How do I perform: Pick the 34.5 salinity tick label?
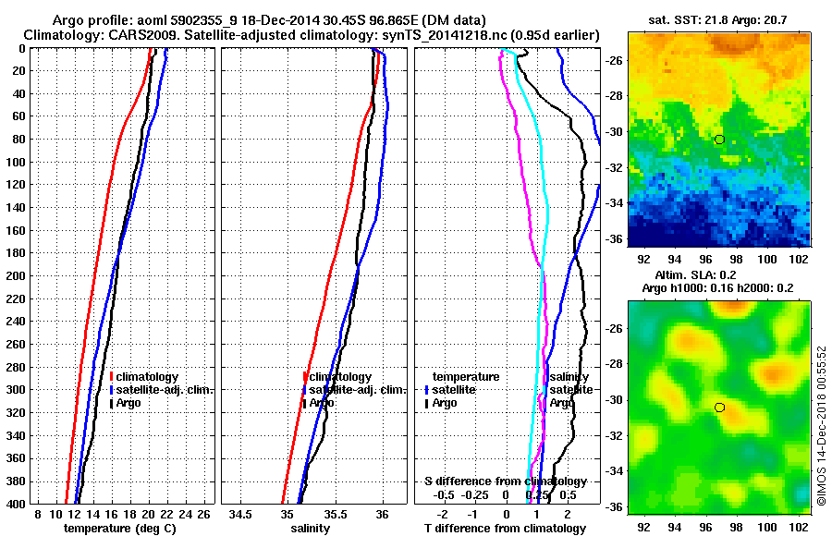click(242, 514)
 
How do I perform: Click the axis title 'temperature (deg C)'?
click(118, 529)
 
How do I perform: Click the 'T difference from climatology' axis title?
click(505, 529)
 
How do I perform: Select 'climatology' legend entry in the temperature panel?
click(149, 377)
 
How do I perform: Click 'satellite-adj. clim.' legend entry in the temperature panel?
click(165, 390)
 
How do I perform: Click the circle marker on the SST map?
click(719, 140)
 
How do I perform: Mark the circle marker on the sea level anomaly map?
click(719, 408)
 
